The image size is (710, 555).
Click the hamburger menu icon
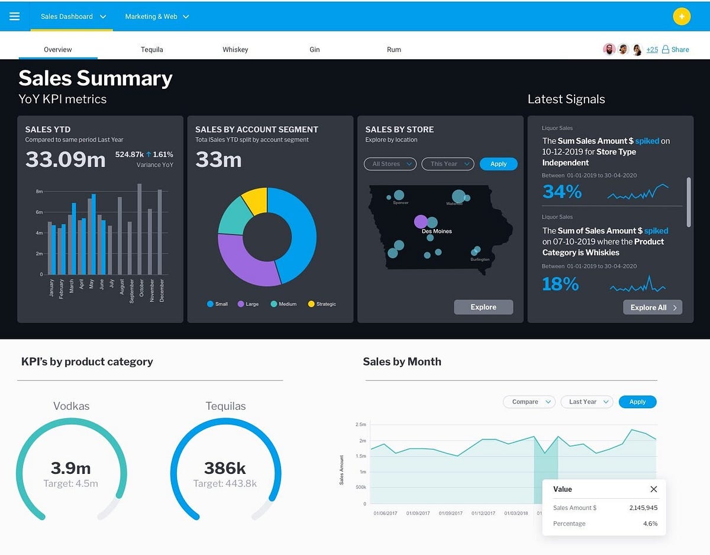(14, 17)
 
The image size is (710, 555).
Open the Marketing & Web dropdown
(157, 17)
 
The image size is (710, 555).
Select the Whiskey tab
(235, 50)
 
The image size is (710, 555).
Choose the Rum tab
(393, 50)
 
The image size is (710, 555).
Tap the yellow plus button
(682, 17)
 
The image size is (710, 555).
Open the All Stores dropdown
(390, 164)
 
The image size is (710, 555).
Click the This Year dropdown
(448, 164)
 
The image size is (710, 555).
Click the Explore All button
(652, 307)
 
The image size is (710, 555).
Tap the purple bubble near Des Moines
(421, 222)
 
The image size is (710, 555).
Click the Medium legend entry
(283, 304)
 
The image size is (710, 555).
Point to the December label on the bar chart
(162, 291)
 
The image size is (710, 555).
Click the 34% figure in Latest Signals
(562, 192)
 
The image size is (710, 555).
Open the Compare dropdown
(529, 402)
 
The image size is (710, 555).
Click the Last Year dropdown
(586, 402)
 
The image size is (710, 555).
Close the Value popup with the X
(653, 489)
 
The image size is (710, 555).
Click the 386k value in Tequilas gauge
(225, 468)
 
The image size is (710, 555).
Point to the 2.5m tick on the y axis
(360, 425)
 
